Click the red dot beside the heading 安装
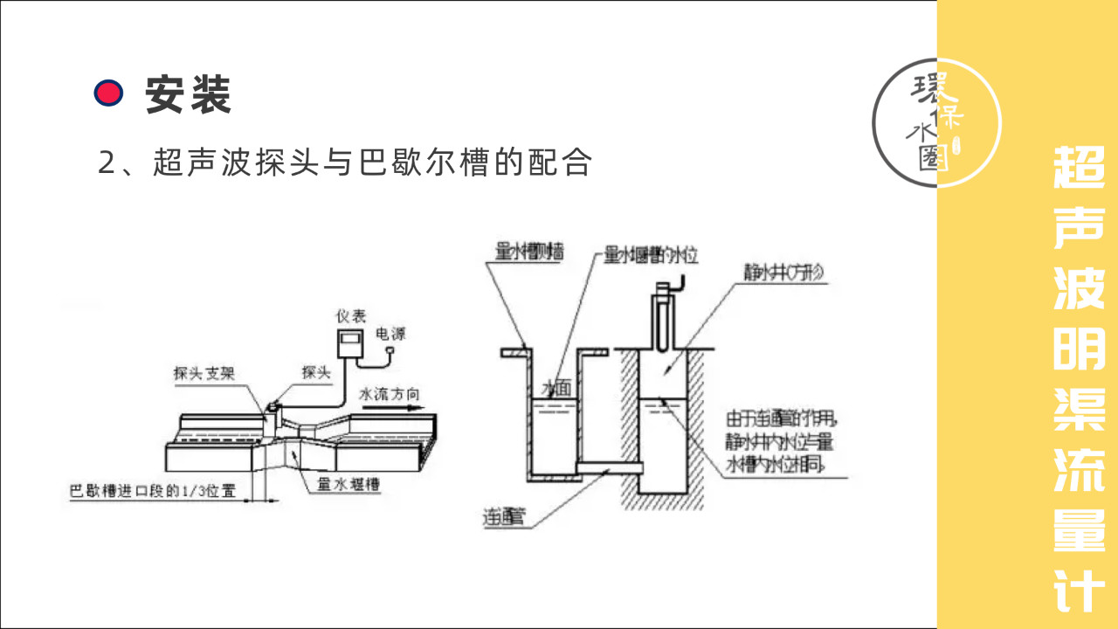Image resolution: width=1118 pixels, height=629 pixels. click(108, 93)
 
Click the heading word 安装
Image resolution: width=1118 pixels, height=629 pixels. click(188, 93)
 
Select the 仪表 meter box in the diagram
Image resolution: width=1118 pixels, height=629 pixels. click(352, 346)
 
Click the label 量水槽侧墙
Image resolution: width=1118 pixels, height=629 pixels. click(528, 252)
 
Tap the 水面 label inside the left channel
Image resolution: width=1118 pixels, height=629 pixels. click(556, 388)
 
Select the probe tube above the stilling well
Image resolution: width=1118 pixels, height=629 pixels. click(665, 318)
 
